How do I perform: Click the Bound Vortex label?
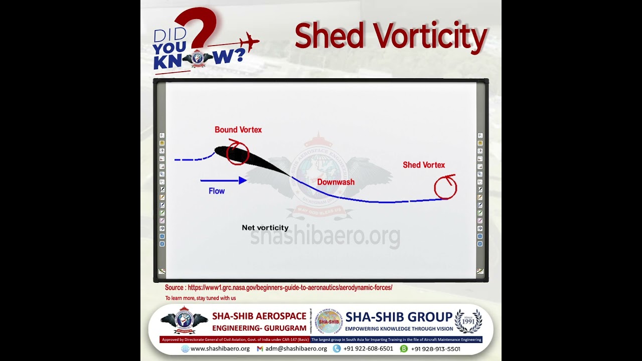click(238, 130)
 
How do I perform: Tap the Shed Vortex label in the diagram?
click(424, 165)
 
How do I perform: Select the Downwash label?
click(336, 183)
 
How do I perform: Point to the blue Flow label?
click(217, 191)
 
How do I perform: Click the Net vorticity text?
click(265, 228)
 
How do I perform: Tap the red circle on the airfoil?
click(237, 153)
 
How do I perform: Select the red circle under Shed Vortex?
click(445, 188)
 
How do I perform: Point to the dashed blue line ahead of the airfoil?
click(193, 159)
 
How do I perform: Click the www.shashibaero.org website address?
click(220, 349)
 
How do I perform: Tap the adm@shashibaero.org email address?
click(296, 349)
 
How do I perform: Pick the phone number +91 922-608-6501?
click(368, 349)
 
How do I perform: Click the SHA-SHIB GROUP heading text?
click(399, 317)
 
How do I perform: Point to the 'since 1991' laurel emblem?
click(468, 321)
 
